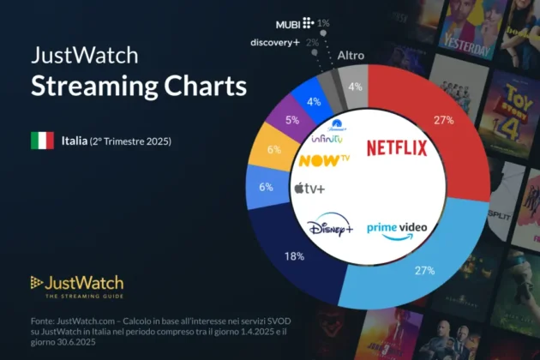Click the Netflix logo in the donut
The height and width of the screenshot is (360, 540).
(397, 148)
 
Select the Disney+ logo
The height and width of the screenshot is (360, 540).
(330, 228)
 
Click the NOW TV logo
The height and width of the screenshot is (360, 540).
(323, 159)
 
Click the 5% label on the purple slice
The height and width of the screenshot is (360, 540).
(293, 121)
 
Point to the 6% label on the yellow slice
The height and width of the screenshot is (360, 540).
(274, 149)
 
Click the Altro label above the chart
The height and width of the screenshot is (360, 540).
(351, 56)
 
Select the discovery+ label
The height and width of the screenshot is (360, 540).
(275, 42)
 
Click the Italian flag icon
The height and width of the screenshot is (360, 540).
(43, 140)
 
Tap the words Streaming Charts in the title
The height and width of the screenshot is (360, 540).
(139, 87)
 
